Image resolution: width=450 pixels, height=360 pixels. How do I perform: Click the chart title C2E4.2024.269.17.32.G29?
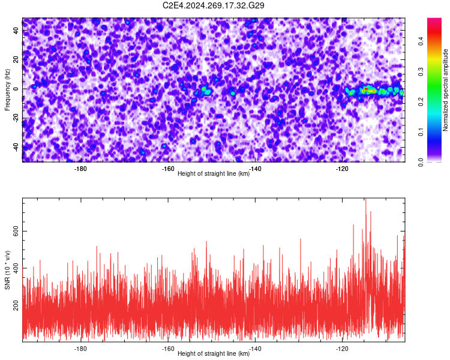[213, 5]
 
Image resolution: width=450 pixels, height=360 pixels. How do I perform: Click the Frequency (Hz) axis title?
[7, 90]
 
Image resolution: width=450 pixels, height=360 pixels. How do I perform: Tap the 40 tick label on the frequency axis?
[16, 30]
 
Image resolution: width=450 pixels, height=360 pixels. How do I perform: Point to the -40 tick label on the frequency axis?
[16, 148]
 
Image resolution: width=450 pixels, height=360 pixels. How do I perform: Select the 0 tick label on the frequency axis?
[16, 89]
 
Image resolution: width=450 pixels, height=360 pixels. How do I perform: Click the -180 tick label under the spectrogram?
[80, 169]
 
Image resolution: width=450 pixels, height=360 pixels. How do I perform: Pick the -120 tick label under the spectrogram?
[342, 169]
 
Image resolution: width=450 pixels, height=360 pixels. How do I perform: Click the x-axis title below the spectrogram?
[214, 173]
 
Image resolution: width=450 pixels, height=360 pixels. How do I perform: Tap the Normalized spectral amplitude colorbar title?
[445, 90]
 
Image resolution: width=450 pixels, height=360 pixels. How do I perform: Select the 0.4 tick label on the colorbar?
[421, 41]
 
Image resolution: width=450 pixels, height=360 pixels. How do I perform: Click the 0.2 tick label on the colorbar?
[421, 101]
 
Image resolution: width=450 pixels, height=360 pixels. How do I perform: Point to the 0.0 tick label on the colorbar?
[421, 162]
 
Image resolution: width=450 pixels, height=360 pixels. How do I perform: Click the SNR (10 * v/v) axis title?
[7, 270]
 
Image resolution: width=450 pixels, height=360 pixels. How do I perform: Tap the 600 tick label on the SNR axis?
[16, 231]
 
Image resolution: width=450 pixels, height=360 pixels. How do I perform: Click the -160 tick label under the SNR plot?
[168, 349]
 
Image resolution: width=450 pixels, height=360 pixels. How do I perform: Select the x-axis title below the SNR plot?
[214, 353]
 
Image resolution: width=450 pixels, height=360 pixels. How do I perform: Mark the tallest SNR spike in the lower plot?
[365, 199]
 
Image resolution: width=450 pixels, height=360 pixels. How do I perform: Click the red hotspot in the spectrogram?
[366, 89]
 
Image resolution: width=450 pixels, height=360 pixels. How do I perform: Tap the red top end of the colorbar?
[434, 19]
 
